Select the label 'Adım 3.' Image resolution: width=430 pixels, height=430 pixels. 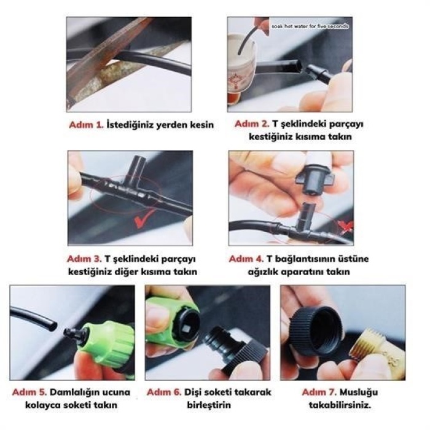click(x=85, y=259)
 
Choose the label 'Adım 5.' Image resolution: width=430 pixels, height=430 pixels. click(x=30, y=392)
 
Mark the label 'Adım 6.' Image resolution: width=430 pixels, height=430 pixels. click(x=164, y=392)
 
